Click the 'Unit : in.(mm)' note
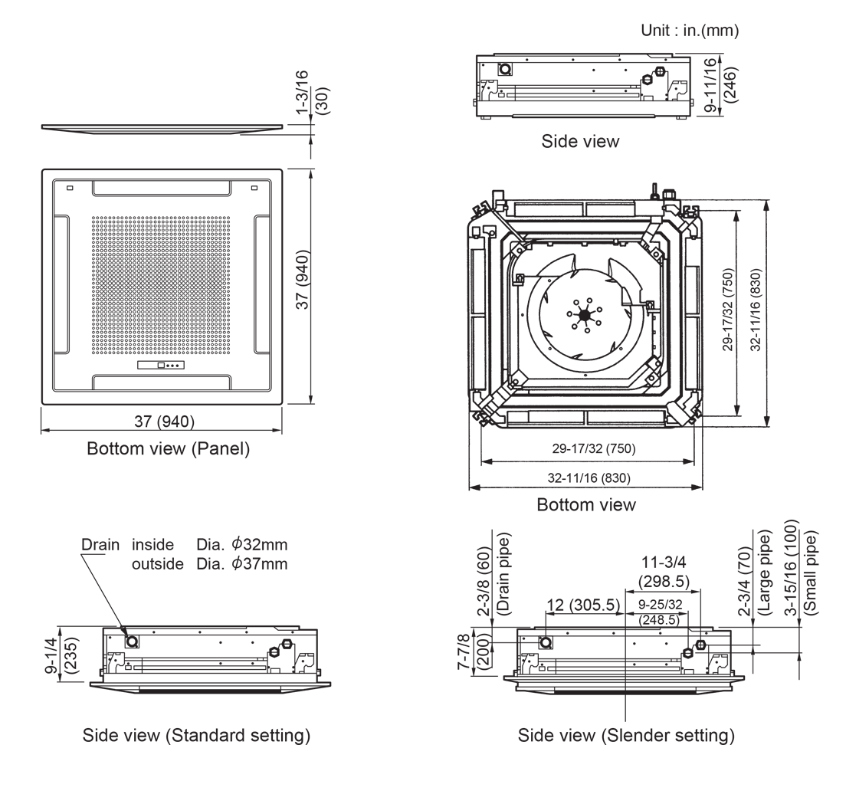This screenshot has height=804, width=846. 690,31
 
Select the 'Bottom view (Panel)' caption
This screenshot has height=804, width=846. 169,448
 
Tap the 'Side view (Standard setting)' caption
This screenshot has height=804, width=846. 196,735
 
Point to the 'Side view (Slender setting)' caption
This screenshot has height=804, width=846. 626,735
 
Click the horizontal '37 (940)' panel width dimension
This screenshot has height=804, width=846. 165,422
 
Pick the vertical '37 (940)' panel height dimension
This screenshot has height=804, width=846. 304,280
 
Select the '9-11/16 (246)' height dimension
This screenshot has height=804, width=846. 720,84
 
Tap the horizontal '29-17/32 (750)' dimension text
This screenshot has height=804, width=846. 593,448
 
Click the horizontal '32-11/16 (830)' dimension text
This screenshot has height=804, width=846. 589,477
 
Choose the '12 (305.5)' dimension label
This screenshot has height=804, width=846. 583,605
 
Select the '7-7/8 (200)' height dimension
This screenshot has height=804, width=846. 473,651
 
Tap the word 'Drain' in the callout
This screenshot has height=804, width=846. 100,544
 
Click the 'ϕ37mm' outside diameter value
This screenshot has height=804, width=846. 260,564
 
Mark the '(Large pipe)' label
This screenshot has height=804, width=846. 765,573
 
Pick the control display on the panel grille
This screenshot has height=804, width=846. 161,366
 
